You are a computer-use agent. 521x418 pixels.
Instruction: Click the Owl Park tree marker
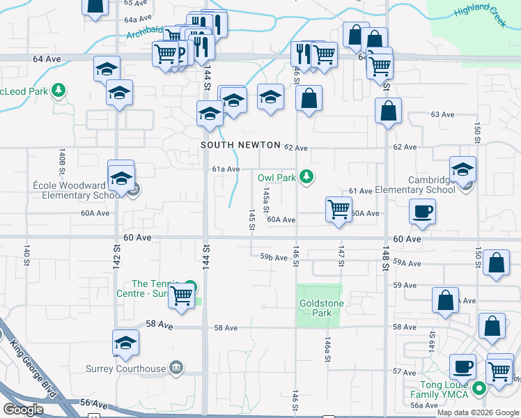pyautogui.click(x=305, y=178)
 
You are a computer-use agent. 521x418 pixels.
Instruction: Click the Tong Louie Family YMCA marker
pyautogui.click(x=478, y=389)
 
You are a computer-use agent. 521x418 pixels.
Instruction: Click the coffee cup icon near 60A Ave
pyautogui.click(x=422, y=211)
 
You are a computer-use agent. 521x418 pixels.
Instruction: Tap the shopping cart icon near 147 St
pyautogui.click(x=339, y=208)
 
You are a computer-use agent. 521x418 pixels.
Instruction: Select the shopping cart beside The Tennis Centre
pyautogui.click(x=182, y=295)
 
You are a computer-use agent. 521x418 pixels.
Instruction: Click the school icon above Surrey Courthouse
pyautogui.click(x=125, y=342)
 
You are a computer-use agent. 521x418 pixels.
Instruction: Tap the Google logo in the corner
pyautogui.click(x=23, y=410)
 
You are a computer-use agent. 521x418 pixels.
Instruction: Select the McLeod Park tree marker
pyautogui.click(x=59, y=91)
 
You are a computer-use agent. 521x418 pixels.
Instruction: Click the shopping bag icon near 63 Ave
pyautogui.click(x=388, y=110)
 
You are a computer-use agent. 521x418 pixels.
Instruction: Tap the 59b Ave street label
pyautogui.click(x=274, y=258)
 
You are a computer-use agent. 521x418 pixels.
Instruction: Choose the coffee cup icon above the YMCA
pyautogui.click(x=462, y=366)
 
